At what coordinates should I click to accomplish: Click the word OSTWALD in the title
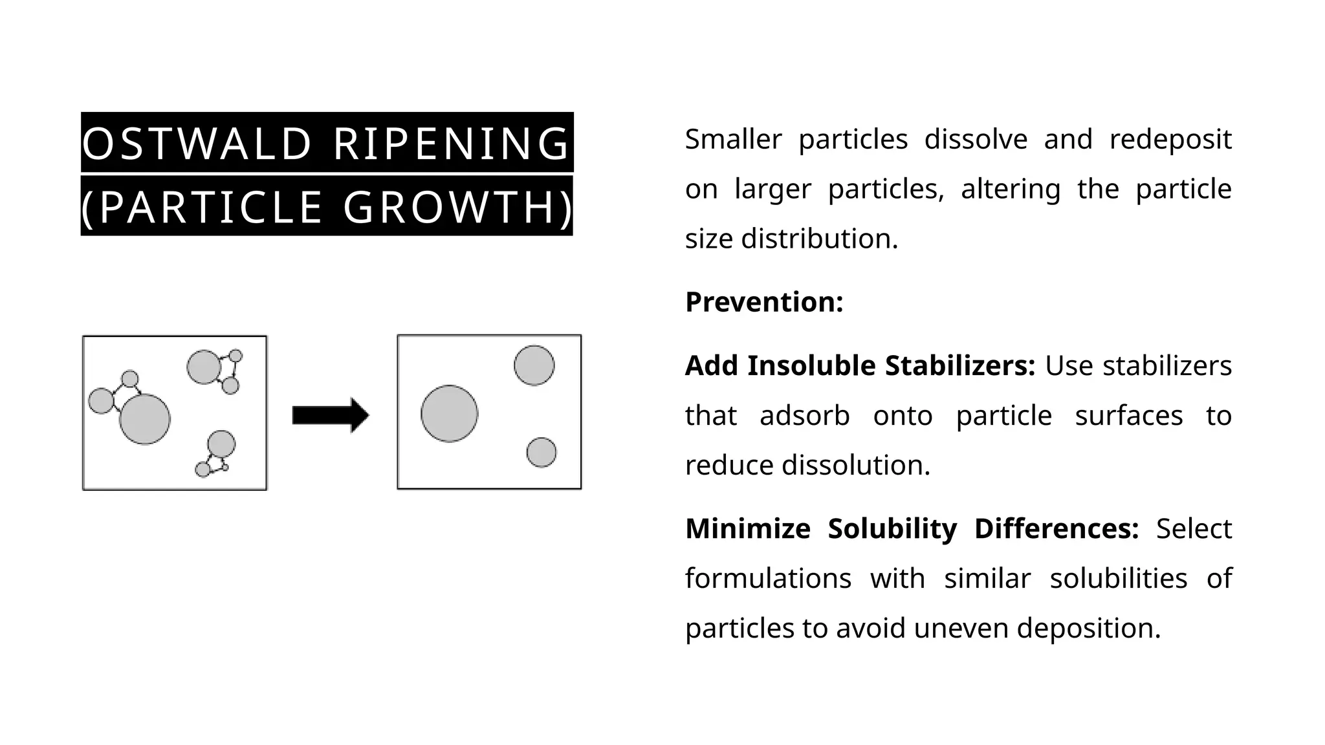[x=197, y=144]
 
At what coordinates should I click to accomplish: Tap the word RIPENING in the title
[x=451, y=144]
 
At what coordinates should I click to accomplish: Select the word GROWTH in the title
[x=450, y=208]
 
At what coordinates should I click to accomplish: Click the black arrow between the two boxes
[x=331, y=415]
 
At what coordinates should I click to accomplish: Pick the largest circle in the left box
[x=145, y=419]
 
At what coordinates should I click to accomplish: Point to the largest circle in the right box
[x=450, y=414]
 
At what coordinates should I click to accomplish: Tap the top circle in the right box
[x=534, y=365]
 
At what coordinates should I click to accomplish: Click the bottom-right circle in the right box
[x=542, y=453]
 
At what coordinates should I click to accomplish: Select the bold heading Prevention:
[x=764, y=302]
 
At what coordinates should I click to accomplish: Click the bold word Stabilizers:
[x=960, y=366]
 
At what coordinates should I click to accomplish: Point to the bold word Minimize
[x=748, y=529]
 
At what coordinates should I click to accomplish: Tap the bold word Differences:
[x=1057, y=529]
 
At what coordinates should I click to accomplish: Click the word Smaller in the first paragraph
[x=734, y=140]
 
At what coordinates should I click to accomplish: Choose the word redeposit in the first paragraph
[x=1170, y=140]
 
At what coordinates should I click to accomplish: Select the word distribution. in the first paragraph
[x=820, y=239]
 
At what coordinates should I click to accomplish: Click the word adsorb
[x=805, y=416]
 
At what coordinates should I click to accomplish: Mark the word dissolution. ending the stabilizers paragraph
[x=856, y=465]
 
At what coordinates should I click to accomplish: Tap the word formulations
[x=769, y=578]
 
